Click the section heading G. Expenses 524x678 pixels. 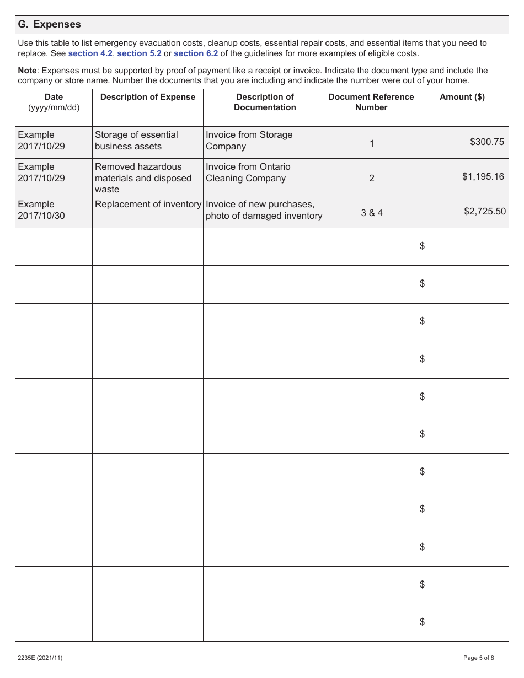pos(49,24)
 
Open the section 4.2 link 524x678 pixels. pos(90,53)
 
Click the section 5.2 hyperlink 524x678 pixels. pos(139,53)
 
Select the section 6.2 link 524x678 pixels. pos(196,53)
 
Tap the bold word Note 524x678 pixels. pos(27,71)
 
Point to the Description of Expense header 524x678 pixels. pos(147,97)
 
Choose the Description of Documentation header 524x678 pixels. pos(265,102)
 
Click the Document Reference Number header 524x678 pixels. pos(371,102)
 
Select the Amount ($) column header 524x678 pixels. pos(462,97)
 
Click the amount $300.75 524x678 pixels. pos(487,142)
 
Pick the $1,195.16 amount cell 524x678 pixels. pos(483,176)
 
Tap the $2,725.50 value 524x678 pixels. pos(484,211)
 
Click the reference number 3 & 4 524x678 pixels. pos(371,213)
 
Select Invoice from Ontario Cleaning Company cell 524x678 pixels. pos(248,173)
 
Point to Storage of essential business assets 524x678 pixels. pos(136,141)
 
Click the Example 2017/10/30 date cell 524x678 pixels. pos(41,210)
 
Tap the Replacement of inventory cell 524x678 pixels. pos(148,205)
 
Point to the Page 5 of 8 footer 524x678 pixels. pos(478,658)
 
